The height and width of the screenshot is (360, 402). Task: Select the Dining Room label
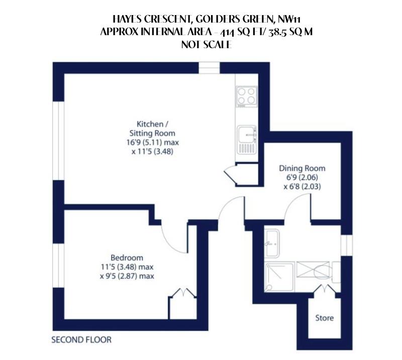(302, 168)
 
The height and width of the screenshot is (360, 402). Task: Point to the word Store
(324, 318)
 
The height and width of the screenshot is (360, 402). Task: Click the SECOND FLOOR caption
(81, 340)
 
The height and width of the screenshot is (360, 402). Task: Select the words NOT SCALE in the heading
(205, 44)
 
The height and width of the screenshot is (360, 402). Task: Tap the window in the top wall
(209, 68)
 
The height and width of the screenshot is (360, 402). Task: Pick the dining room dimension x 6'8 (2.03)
(302, 186)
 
